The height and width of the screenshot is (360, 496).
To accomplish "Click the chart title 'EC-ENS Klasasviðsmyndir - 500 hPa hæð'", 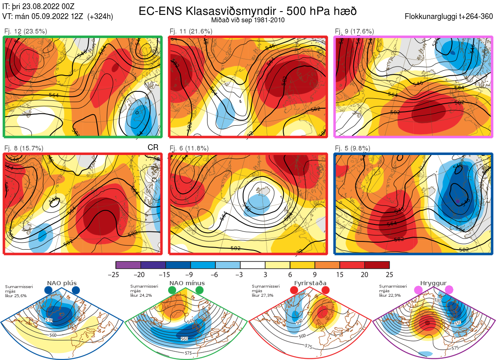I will pos(248,11).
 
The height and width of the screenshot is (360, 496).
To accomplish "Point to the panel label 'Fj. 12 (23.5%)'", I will pos(26,31).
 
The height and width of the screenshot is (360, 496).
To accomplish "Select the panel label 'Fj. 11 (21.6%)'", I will pos(191,31).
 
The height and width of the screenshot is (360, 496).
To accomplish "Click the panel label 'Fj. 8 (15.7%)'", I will pos(24,148).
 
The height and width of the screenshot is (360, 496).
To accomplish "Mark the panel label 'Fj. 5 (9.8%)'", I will pos(353,148).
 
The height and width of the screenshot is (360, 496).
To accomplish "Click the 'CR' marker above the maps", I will pos(153,148).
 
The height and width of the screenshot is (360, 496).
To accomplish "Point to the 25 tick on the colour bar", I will pos(389,274).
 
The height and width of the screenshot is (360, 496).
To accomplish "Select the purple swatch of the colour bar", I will pos(128,265).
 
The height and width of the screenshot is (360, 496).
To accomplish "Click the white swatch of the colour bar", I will pos(253,265).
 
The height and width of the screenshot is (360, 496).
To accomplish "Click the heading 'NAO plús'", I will pos(62,283).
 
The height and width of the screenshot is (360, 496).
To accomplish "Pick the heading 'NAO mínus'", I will pos(187,283).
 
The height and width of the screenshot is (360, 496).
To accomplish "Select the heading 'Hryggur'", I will pos(434,283).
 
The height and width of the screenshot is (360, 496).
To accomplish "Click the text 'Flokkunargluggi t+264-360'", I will pos(449,17).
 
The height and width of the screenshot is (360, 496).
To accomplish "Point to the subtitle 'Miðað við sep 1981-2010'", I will pos(248,20).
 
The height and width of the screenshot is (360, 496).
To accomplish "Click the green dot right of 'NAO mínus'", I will pos(200,291).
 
